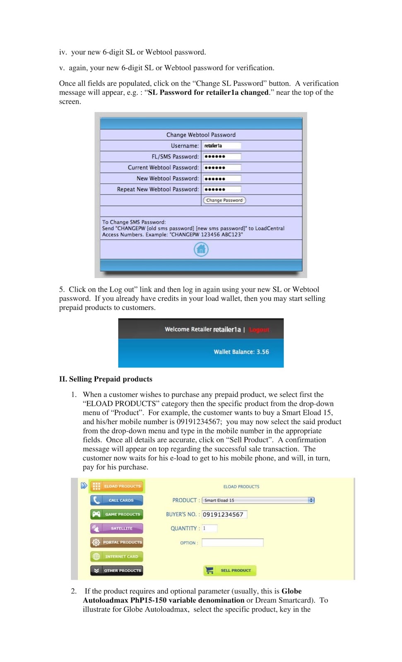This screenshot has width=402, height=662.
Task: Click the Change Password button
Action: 224,200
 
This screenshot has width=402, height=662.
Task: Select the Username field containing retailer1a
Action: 222,146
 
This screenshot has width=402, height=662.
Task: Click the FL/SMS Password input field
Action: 222,156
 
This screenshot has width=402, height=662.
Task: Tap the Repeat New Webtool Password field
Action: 222,189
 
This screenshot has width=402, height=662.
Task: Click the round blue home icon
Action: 201,249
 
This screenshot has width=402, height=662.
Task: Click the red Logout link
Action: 259,330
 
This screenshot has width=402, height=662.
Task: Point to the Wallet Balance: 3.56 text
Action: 241,352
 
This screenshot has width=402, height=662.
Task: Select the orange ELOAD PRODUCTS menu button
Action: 117,486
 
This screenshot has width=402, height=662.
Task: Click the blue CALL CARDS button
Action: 117,500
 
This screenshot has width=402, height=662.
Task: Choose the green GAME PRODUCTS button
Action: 117,514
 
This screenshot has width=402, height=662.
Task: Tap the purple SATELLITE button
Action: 117,528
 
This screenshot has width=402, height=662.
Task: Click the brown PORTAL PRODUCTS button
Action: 117,542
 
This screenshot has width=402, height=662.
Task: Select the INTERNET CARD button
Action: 117,556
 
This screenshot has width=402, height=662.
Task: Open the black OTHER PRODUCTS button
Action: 117,571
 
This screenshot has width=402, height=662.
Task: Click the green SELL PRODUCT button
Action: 230,571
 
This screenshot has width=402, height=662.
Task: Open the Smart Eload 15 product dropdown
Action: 258,500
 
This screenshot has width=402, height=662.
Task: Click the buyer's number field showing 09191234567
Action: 224,514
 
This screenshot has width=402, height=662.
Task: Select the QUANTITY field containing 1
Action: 209,528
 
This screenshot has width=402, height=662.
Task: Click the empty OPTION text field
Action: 232,542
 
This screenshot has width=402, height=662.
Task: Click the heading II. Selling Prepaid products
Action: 106,379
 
